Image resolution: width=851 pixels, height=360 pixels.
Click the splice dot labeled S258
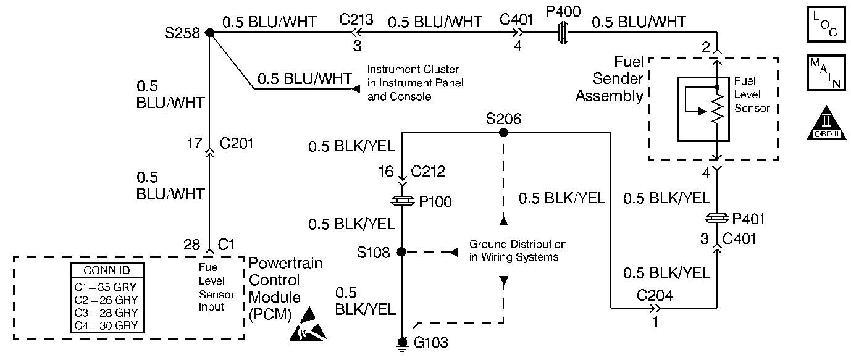pyautogui.click(x=209, y=33)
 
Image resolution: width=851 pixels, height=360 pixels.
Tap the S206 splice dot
pyautogui.click(x=503, y=132)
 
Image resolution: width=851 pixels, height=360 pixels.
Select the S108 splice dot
pyautogui.click(x=401, y=252)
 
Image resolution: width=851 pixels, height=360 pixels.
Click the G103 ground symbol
pyautogui.click(x=403, y=343)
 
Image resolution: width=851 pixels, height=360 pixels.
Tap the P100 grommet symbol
pyautogui.click(x=402, y=201)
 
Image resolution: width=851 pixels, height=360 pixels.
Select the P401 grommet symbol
pyautogui.click(x=716, y=218)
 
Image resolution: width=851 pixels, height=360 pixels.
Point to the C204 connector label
pyautogui.click(x=655, y=295)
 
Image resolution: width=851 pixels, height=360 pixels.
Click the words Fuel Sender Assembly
pyautogui.click(x=610, y=79)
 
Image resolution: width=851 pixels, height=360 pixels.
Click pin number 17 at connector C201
pyautogui.click(x=195, y=144)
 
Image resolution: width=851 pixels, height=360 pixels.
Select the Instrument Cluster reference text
pyautogui.click(x=414, y=83)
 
